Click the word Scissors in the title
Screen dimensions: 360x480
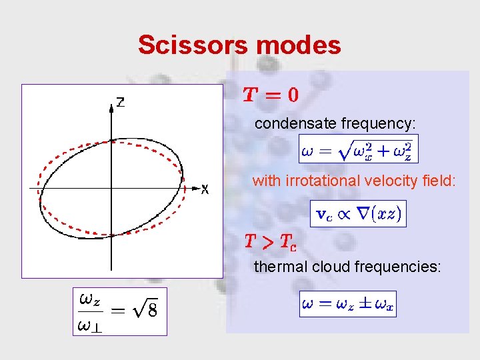pos(190,45)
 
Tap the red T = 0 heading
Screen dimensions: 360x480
pos(270,95)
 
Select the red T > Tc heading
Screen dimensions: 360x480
pos(270,241)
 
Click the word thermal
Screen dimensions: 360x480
pos(274,267)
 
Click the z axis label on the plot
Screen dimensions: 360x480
pos(121,103)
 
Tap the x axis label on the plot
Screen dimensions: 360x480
pos(205,190)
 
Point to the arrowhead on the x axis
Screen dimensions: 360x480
pos(195,189)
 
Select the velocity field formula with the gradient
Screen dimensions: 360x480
pos(359,213)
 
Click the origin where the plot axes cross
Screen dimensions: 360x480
pos(111,189)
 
